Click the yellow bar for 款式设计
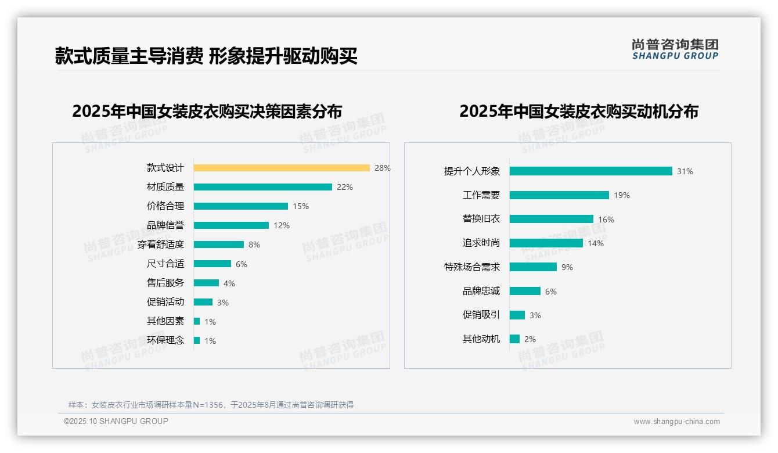pyautogui.click(x=282, y=168)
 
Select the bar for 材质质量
pyautogui.click(x=262, y=187)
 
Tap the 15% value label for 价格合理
pyautogui.click(x=301, y=206)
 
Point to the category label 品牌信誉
pyautogui.click(x=165, y=225)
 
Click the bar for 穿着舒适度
pyautogui.click(x=219, y=245)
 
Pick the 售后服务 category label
pyautogui.click(x=165, y=283)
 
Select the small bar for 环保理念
pyautogui.click(x=197, y=340)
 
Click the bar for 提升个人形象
pyautogui.click(x=590, y=171)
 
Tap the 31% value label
pyautogui.click(x=685, y=171)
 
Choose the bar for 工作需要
pyautogui.click(x=559, y=195)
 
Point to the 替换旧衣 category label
pyautogui.click(x=481, y=219)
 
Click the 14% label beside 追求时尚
pyautogui.click(x=596, y=243)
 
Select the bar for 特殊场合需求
pyautogui.click(x=533, y=267)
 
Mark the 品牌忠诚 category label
pyautogui.click(x=481, y=291)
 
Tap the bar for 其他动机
pyautogui.click(x=514, y=339)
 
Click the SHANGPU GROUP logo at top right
pyautogui.click(x=675, y=49)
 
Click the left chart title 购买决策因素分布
pyautogui.click(x=207, y=111)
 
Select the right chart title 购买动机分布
pyautogui.click(x=579, y=111)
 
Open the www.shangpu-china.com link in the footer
pyautogui.click(x=676, y=422)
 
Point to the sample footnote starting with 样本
pyautogui.click(x=211, y=405)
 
